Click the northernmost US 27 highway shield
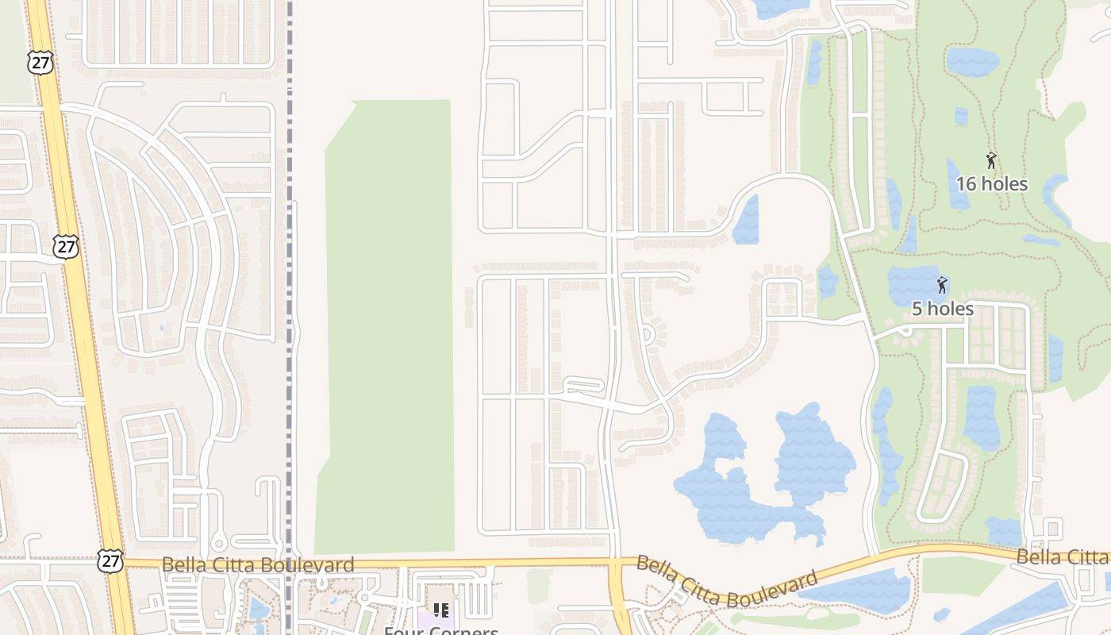[x=40, y=63]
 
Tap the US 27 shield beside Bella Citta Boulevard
[x=110, y=560]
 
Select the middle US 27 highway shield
[x=67, y=246]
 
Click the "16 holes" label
[x=991, y=184]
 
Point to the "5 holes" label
[x=942, y=309]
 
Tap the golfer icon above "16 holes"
[x=991, y=161]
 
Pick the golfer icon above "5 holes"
[x=942, y=285]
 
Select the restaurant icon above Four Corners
[x=441, y=610]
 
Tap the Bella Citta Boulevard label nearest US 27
[x=258, y=564]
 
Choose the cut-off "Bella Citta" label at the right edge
[x=1063, y=556]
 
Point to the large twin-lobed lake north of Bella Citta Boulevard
[x=762, y=476]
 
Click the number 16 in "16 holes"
[x=966, y=184]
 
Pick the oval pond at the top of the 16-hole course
[x=972, y=61]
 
